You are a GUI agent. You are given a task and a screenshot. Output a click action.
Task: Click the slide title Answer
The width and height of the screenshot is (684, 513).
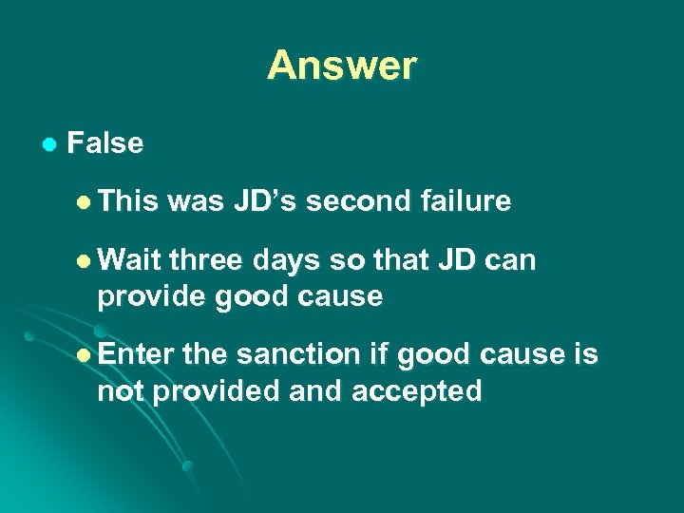point(341,66)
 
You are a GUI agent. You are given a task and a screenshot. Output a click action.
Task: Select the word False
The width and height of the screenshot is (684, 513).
point(105,143)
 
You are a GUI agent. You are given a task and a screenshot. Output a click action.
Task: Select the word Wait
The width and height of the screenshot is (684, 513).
point(129,260)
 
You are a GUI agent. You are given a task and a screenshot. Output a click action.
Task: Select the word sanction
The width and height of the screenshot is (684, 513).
point(295,354)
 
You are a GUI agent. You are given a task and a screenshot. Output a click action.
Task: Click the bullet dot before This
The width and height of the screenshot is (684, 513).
point(85,201)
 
